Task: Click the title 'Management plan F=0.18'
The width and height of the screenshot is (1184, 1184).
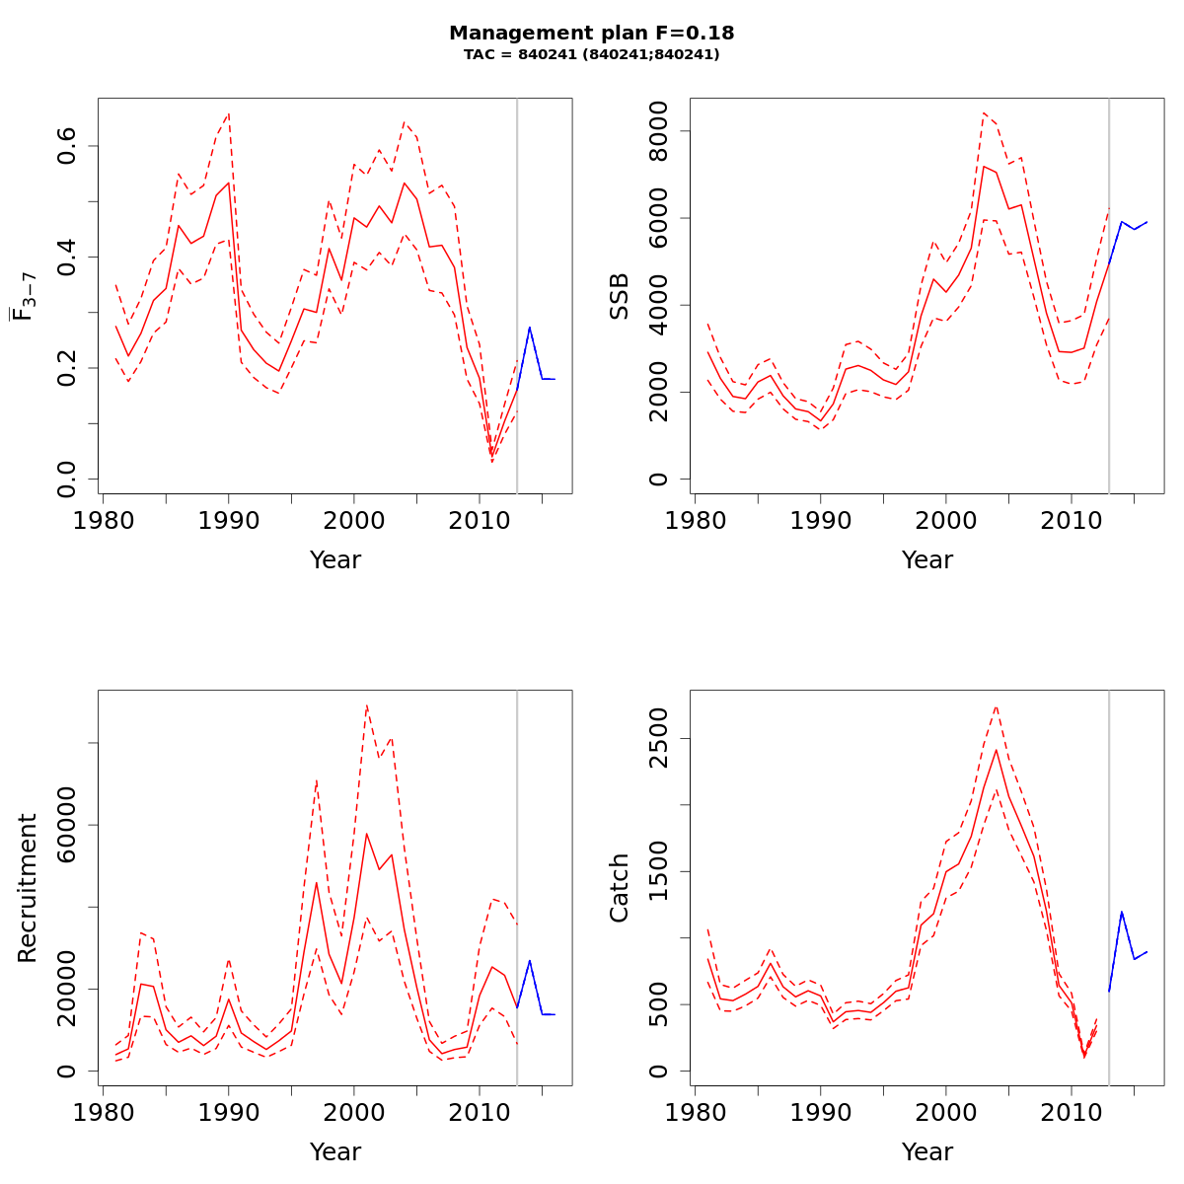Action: [x=591, y=34]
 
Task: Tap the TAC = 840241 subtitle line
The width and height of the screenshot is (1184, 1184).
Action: [x=591, y=55]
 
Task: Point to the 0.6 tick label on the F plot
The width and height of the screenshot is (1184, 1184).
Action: [x=68, y=146]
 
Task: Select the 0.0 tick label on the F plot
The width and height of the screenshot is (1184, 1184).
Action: [x=68, y=479]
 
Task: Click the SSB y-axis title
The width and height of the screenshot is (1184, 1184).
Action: [x=619, y=296]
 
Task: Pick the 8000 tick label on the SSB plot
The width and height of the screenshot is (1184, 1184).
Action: [x=660, y=131]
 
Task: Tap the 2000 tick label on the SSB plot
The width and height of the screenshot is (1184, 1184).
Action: [x=660, y=392]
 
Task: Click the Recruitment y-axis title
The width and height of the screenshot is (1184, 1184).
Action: [x=27, y=888]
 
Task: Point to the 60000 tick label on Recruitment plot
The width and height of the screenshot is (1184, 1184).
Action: [x=68, y=825]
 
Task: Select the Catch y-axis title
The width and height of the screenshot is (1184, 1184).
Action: [x=619, y=888]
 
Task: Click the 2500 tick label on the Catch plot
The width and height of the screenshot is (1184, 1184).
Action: [x=660, y=739]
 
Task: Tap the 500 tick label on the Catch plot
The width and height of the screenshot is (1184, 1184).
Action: [x=660, y=1004]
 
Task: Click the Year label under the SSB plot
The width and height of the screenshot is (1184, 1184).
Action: [x=926, y=560]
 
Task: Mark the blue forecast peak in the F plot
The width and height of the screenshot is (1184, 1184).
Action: [x=530, y=328]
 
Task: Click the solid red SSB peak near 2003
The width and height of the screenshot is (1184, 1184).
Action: [x=984, y=166]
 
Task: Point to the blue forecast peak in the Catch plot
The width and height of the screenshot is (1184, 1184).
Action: [x=1122, y=912]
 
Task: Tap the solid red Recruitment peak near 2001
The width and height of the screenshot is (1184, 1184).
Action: [x=366, y=834]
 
